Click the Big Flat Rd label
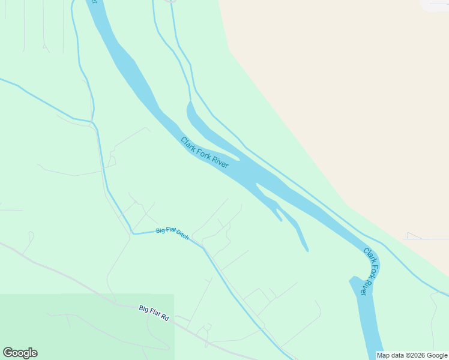click(154, 312)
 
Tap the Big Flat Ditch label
click(172, 233)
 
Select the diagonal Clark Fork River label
click(205, 152)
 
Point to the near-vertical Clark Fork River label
click(372, 271)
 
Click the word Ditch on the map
click(182, 236)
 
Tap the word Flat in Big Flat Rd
click(154, 312)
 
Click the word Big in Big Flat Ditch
click(160, 230)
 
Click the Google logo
click(20, 353)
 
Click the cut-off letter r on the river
click(93, 2)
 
